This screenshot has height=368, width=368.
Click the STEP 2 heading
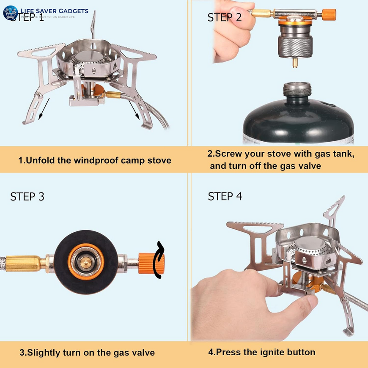click(224, 17)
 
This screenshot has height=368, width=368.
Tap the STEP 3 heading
click(27, 197)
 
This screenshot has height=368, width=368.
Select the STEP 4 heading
click(225, 196)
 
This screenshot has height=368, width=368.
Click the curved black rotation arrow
click(160, 260)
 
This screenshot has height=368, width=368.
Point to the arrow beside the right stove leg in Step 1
click(135, 110)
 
